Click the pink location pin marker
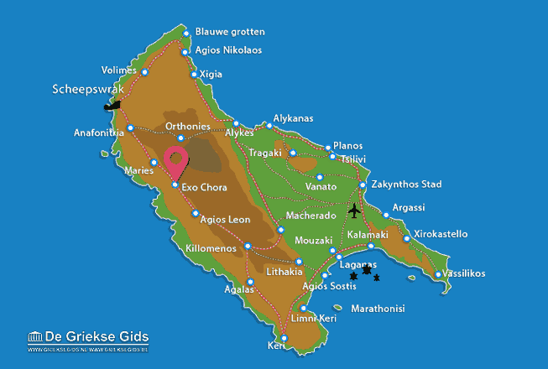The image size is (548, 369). point(176,160)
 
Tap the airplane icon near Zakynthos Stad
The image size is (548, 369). point(354,210)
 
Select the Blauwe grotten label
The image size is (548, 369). point(229,32)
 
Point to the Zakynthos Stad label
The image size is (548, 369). point(411,184)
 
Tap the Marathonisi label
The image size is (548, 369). point(378,309)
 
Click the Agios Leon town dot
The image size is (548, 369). point(196,214)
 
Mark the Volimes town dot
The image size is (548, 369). point(145,72)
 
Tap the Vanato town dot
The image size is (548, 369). point(320,177)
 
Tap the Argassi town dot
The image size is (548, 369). point(386,215)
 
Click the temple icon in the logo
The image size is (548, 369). point(35,337)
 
